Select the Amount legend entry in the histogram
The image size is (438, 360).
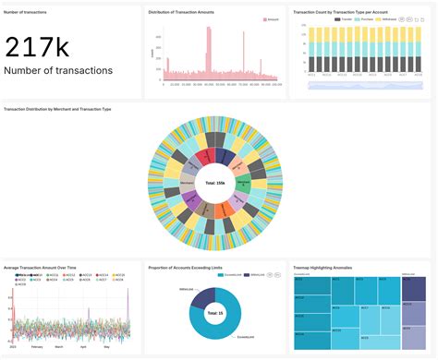[x=273, y=18]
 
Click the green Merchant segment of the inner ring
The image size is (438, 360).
[x=242, y=184]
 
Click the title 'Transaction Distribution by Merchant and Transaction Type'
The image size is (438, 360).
[x=57, y=109]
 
